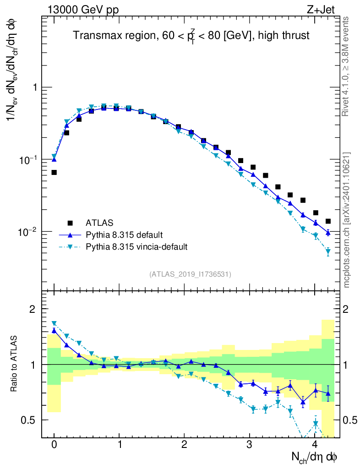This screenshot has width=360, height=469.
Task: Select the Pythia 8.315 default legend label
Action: [124, 235]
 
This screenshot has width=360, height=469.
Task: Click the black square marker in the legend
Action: [70, 223]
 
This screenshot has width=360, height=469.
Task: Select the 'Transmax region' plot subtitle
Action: [191, 35]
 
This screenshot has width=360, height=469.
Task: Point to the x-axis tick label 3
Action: [250, 445]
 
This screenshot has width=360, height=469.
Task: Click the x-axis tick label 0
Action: [54, 445]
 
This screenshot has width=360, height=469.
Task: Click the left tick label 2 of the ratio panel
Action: [35, 310]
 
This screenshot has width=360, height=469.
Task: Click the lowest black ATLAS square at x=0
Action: [54, 172]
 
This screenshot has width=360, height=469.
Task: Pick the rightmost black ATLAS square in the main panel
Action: [328, 221]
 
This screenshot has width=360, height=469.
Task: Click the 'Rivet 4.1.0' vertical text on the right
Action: [347, 66]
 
